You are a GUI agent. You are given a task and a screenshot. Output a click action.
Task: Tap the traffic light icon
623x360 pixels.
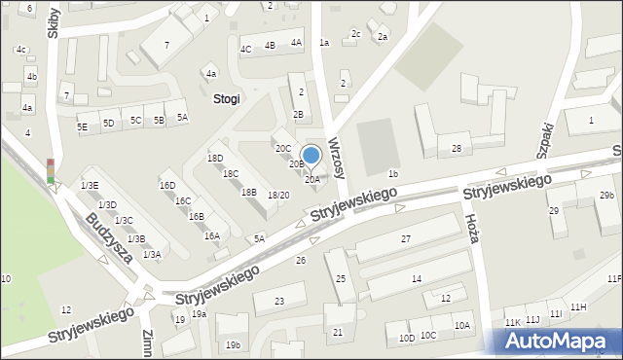(51, 171)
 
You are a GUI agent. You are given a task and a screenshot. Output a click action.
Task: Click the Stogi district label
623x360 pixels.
(226, 98)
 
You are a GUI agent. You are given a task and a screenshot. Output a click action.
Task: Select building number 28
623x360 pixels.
(456, 149)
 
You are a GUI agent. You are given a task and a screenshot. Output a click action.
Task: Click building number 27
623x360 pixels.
(406, 238)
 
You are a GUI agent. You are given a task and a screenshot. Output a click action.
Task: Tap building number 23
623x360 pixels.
(279, 302)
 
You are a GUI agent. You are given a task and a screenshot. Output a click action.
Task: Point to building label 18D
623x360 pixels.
(215, 158)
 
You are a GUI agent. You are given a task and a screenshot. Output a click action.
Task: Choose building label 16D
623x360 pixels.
(167, 185)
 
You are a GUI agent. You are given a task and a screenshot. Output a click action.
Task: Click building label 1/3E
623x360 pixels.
(90, 185)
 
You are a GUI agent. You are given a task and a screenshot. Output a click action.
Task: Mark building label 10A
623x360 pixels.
(461, 326)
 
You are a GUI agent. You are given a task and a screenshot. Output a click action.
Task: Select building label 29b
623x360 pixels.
(606, 196)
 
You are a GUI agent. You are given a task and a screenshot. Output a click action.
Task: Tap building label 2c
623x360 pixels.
(356, 34)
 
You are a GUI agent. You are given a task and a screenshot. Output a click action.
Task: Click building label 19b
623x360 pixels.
(233, 344)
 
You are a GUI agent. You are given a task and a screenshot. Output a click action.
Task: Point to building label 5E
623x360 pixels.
(83, 126)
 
